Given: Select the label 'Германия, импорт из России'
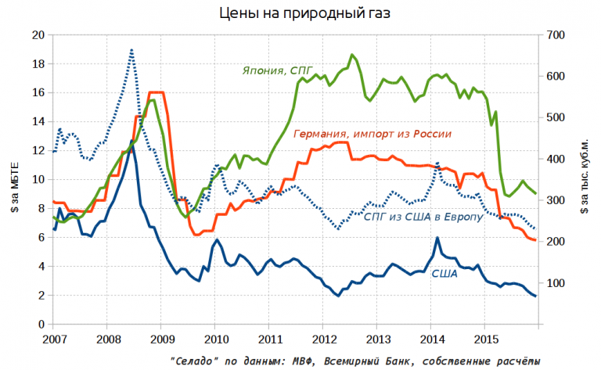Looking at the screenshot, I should point(372,134).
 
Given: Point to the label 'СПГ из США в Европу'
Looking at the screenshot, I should point(423,217).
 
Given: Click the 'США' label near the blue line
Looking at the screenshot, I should point(444,273).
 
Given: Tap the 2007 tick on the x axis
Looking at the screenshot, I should point(53,339).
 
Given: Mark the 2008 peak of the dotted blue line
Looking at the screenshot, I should point(131,50).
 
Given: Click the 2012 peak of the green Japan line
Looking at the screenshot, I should point(352,55).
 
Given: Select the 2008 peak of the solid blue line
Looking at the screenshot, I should point(132,142).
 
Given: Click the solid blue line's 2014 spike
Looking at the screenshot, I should point(437,238).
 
